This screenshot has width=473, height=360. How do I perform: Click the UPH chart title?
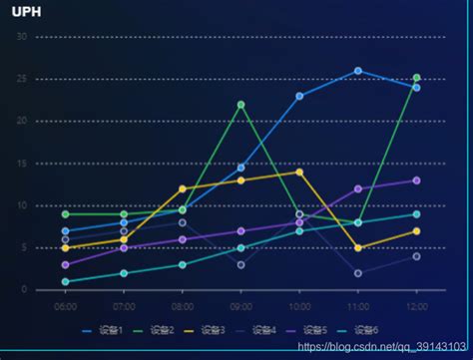coord(26,14)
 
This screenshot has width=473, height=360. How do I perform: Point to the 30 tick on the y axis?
coord(21,37)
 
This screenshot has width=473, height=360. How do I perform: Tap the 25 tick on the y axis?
coord(21,79)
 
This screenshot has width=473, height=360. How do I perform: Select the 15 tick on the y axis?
coord(21,164)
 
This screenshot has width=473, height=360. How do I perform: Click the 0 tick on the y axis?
coord(24,290)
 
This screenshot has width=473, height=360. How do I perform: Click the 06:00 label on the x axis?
coord(66,306)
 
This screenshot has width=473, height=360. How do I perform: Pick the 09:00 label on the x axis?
coord(240,306)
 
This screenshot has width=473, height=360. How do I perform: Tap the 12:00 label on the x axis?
coord(416,306)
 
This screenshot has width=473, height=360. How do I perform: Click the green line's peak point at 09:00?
coord(240,105)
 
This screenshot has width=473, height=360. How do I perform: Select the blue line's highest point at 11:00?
coord(358,71)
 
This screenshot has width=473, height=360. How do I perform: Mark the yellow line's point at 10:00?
coord(299,172)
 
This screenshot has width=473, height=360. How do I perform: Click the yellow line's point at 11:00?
coord(358,248)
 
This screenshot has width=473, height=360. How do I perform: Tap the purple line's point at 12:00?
coord(416,180)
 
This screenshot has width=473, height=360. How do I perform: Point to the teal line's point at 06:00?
coord(66,281)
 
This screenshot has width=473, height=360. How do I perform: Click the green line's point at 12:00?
coord(416,77)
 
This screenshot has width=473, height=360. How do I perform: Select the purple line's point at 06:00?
coord(66,265)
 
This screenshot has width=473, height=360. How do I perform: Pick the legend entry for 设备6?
coord(368,329)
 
